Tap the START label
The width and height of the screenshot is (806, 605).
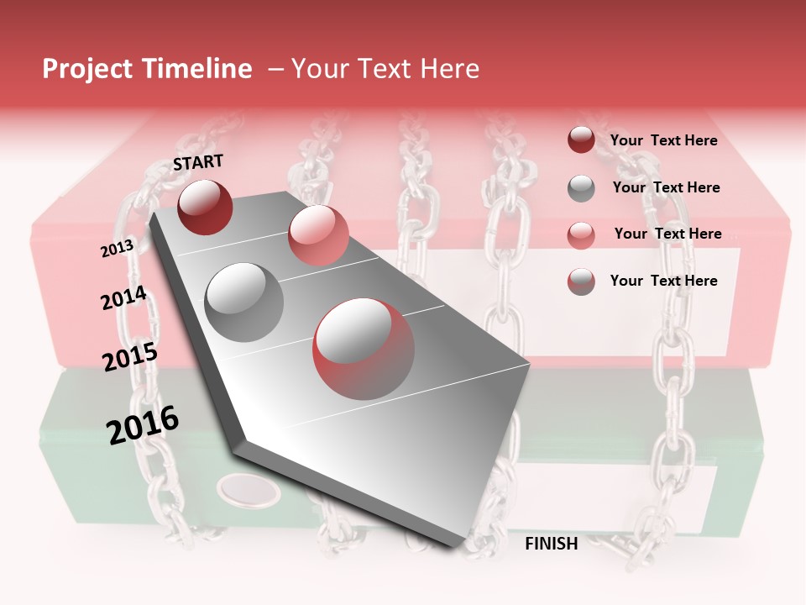[198, 162]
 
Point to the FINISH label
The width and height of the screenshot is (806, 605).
[551, 544]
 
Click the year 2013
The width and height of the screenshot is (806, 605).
[117, 248]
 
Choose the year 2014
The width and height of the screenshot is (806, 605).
[123, 297]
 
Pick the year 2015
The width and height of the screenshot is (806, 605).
[130, 357]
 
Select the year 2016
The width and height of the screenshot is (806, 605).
[143, 424]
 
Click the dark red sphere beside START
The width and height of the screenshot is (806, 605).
[205, 207]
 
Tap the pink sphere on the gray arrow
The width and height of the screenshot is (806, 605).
[318, 235]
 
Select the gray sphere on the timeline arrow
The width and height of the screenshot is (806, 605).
[244, 302]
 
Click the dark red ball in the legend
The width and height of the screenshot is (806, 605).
[581, 140]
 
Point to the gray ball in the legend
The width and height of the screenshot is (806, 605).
[581, 188]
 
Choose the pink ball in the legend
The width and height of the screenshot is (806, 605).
[581, 234]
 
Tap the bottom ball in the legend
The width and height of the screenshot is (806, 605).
[581, 281]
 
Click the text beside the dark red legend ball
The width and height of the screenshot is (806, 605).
[663, 140]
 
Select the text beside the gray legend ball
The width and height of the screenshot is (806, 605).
[666, 187]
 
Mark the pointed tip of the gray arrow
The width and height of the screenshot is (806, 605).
[459, 548]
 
